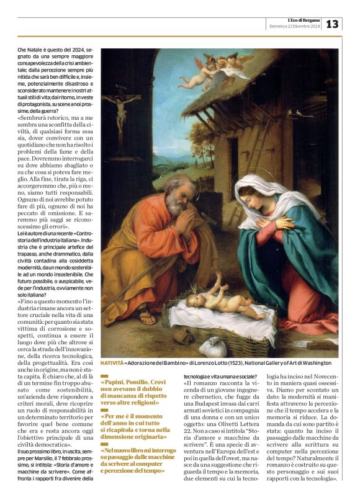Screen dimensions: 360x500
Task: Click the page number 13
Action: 333,24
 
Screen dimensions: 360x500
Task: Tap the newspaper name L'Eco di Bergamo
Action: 297,20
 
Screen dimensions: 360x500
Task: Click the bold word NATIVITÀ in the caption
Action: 112,362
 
